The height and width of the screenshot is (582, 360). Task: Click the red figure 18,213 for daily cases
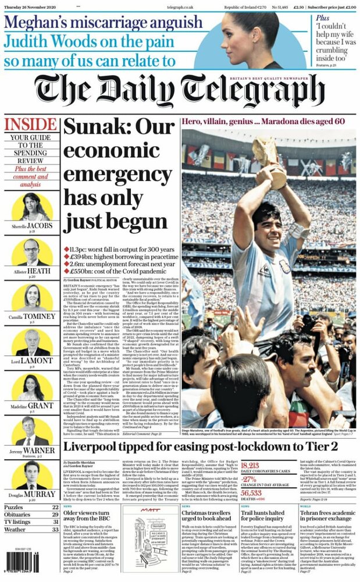[250, 466]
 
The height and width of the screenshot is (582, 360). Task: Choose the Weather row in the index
[31, 530]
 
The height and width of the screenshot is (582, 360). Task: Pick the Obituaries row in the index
[31, 514]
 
